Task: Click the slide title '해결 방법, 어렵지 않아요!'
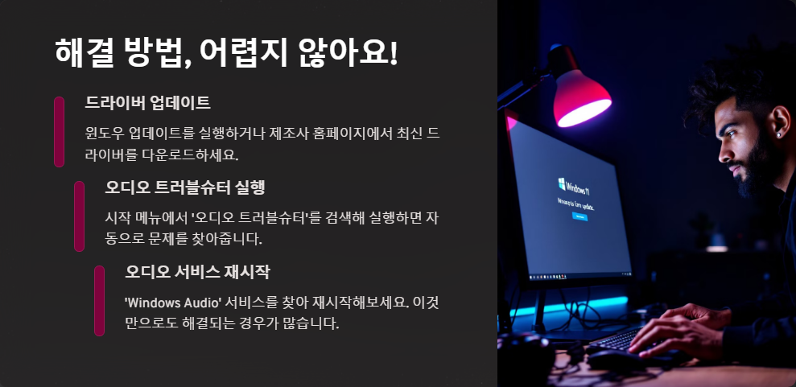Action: click(x=226, y=53)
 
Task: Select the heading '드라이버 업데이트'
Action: click(x=147, y=103)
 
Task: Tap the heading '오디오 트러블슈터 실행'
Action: click(x=185, y=187)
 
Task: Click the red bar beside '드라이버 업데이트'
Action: click(x=59, y=131)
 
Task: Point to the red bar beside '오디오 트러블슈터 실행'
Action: click(x=79, y=216)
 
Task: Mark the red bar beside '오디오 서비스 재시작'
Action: click(x=99, y=300)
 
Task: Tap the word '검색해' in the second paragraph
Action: click(x=349, y=216)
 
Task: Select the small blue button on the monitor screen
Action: click(x=579, y=216)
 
